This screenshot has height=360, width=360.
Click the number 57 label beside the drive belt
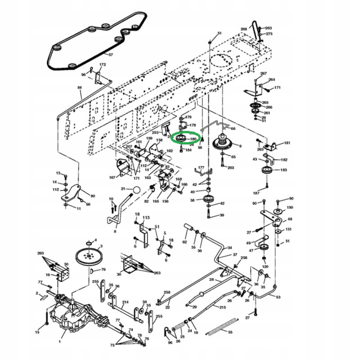pyautogui.click(x=111, y=55)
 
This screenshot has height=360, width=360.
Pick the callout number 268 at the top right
pyautogui.click(x=244, y=29)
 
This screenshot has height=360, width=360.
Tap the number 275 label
pyautogui.click(x=269, y=34)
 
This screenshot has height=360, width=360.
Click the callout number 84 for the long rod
pyautogui.click(x=80, y=87)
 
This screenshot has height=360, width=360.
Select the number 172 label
pyautogui.click(x=102, y=65)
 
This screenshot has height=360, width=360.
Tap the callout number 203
pyautogui.click(x=231, y=168)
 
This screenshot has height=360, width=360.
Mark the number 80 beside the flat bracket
pyautogui.click(x=93, y=196)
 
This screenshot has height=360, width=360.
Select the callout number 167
pyautogui.click(x=112, y=177)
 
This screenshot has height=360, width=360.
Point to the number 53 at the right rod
pyautogui.click(x=278, y=297)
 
